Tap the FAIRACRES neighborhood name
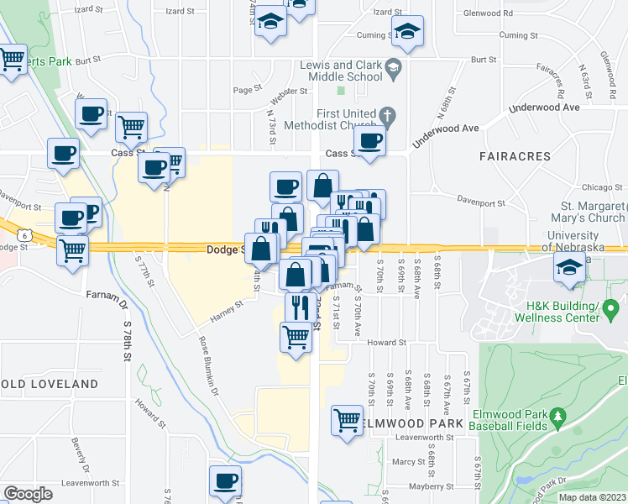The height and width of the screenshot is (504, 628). [515, 156]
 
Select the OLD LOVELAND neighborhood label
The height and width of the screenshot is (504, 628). [50, 384]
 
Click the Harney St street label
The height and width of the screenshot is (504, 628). [228, 311]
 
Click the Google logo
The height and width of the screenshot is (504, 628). [28, 494]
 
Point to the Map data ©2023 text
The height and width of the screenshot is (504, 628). [592, 497]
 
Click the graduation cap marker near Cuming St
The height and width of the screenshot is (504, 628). [406, 31]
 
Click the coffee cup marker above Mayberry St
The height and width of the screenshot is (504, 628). [225, 481]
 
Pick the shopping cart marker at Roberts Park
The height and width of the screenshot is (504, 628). [12, 60]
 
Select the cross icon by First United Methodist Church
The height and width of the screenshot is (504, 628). [386, 115]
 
